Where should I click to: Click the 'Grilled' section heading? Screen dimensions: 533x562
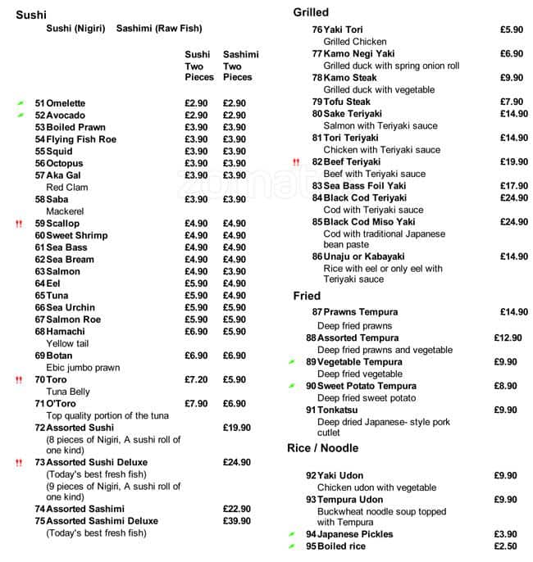pos(311,12)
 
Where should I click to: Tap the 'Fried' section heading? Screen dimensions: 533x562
pos(307,296)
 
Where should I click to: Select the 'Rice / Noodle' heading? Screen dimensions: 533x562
pos(323,448)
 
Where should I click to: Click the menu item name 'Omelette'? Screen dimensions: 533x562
pos(66,103)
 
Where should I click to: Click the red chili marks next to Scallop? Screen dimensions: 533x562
pos(18,224)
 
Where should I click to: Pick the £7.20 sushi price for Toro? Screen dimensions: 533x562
pos(196,380)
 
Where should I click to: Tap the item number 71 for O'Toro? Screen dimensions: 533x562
pos(39,404)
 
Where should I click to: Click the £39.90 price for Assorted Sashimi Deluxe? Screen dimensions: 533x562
pos(237,521)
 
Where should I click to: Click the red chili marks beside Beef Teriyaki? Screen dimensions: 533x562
pos(296,162)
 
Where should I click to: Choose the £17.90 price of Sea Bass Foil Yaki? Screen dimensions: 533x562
pos(513,186)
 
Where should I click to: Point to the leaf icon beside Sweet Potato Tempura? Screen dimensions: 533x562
pos(291,386)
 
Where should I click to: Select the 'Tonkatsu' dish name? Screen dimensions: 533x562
pos(338,410)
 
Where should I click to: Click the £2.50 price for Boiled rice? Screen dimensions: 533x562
pos(505,546)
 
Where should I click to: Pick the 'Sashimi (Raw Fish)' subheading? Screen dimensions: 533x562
pos(159,29)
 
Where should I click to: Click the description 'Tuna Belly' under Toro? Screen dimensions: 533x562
pos(68,392)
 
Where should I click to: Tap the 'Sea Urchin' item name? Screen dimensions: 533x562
pos(71,308)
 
